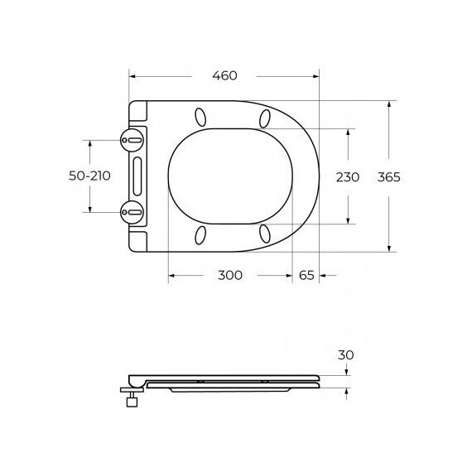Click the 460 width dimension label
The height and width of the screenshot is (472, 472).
(224, 76)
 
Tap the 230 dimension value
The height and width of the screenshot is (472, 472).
(347, 176)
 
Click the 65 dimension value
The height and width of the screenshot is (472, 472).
(306, 275)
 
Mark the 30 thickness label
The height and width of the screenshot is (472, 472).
(346, 354)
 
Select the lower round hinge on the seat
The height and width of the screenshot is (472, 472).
(131, 212)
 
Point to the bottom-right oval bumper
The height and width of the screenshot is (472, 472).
(265, 234)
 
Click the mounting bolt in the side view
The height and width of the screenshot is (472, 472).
(131, 402)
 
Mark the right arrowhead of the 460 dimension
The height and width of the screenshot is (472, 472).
(315, 76)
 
